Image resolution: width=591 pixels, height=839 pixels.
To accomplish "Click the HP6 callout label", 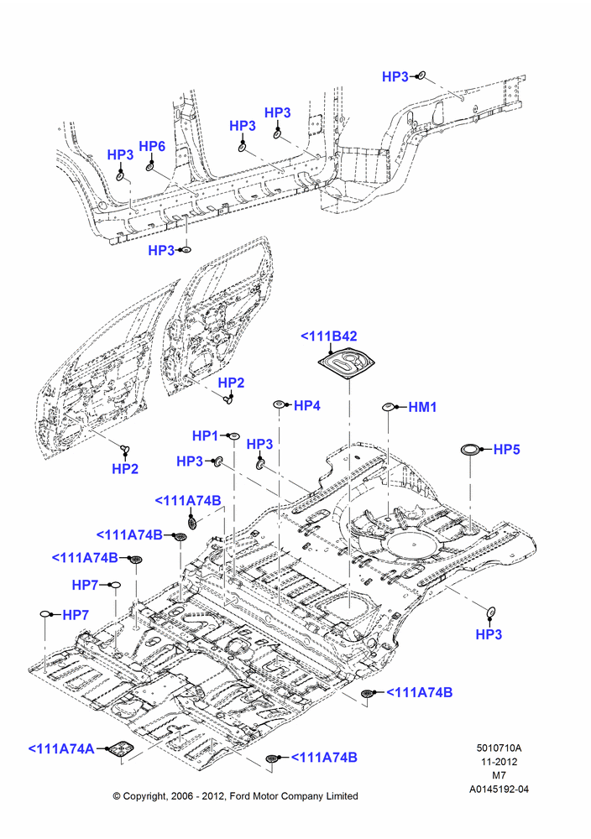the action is [x=152, y=147].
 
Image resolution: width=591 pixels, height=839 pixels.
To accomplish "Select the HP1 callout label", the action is [x=205, y=436].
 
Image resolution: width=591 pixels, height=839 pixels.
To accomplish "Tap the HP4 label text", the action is [x=307, y=405].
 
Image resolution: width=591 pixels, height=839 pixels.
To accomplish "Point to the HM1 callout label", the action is [x=423, y=407].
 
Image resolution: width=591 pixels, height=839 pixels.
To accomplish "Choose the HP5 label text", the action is [x=506, y=450].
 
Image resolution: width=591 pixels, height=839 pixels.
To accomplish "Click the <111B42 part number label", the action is [x=329, y=336].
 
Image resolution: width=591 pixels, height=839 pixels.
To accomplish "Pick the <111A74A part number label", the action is [x=61, y=748].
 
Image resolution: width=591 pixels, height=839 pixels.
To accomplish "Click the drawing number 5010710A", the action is [x=499, y=748].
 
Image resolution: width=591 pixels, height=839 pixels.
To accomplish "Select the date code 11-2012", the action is [x=499, y=762].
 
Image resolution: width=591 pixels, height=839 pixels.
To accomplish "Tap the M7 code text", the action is [x=499, y=774].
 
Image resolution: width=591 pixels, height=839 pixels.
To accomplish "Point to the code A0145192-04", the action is [x=499, y=789].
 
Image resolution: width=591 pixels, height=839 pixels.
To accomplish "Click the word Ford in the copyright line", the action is [x=242, y=796].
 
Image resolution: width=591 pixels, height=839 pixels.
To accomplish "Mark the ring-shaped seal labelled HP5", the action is [x=472, y=450].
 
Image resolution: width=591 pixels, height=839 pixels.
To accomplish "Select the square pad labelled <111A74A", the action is [x=119, y=749].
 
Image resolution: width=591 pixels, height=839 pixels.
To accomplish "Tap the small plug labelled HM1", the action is [x=388, y=407].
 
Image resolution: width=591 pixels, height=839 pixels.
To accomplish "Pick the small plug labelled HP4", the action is [x=279, y=404].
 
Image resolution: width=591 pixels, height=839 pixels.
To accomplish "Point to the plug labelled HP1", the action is [x=233, y=436].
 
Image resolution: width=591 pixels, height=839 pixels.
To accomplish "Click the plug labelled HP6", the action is [x=150, y=168].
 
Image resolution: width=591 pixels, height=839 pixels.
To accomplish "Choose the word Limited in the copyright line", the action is [x=341, y=796].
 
